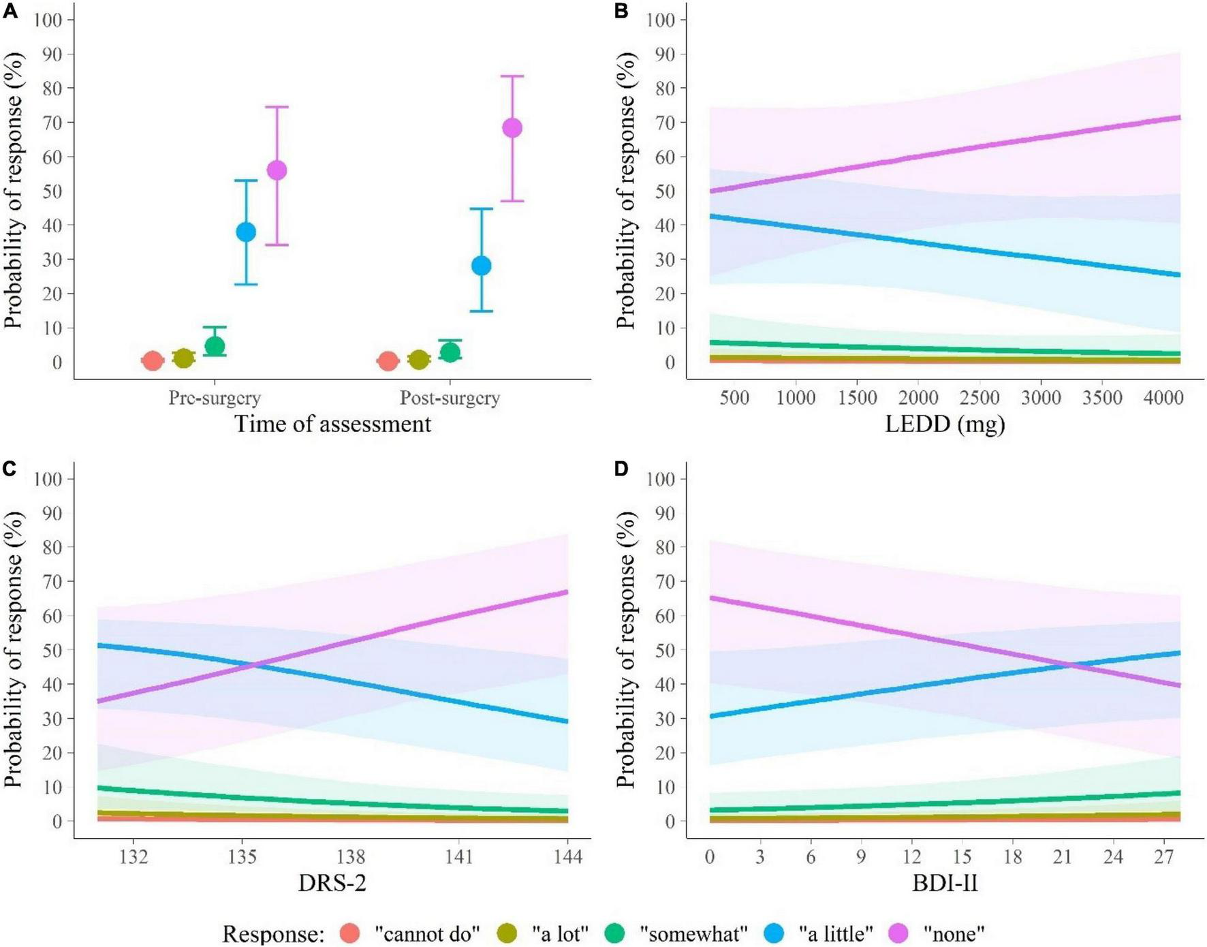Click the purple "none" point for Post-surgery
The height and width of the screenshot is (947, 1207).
coord(512,128)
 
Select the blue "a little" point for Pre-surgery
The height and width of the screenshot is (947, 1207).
coord(246,232)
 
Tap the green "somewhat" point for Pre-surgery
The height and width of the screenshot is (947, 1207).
coord(215,346)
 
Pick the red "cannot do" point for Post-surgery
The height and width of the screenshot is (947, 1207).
coord(388,361)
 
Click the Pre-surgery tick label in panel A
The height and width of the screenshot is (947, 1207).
coord(215,398)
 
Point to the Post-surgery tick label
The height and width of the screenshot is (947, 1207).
coord(450,398)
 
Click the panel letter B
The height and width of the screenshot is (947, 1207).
coord(621,11)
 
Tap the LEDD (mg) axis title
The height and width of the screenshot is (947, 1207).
coord(945,424)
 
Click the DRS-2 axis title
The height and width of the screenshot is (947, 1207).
coord(332,884)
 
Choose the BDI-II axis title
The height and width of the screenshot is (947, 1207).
coord(945,884)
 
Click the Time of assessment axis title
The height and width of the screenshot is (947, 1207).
coord(333,424)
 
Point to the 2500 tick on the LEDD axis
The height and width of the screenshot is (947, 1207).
coord(980,398)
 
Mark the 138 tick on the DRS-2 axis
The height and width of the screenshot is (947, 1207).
coord(351,857)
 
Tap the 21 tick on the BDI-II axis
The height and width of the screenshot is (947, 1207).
coord(1063,857)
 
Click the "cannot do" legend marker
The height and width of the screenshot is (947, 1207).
coord(349,933)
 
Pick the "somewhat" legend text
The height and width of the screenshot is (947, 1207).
coord(695,933)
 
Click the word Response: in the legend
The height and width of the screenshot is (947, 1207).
coord(272,933)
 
